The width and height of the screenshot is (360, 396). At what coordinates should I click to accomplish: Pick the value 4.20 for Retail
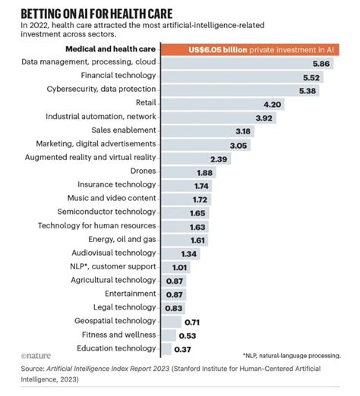(272, 104)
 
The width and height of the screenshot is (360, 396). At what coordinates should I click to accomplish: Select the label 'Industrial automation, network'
(101, 117)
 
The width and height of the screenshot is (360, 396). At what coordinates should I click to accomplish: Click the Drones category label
(142, 171)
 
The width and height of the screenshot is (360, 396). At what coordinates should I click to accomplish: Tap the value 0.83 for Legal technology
(173, 307)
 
